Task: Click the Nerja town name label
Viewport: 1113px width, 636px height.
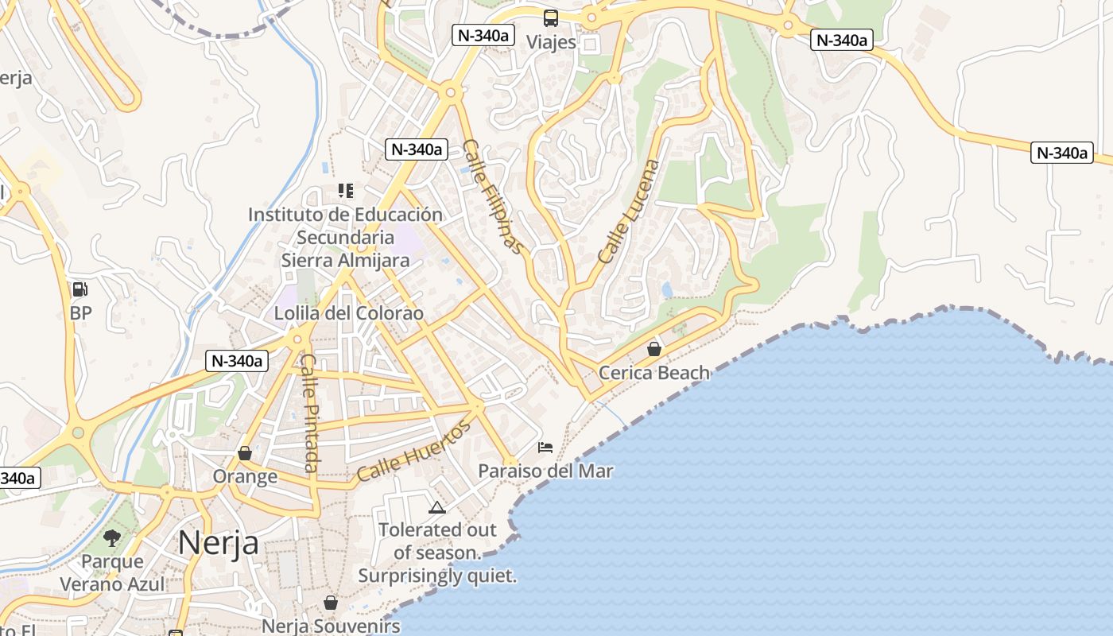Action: click(218, 542)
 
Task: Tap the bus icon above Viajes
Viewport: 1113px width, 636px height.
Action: click(551, 18)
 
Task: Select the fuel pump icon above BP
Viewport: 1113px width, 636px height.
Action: click(80, 289)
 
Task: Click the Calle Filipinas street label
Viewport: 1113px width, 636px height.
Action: click(494, 196)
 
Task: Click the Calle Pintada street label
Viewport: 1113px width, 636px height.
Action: click(310, 413)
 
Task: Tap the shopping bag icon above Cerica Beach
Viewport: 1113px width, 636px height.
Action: click(654, 349)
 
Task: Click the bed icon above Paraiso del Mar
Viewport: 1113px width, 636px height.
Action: click(545, 448)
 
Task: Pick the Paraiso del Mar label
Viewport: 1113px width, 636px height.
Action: click(545, 471)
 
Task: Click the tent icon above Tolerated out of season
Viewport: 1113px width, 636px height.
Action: click(436, 507)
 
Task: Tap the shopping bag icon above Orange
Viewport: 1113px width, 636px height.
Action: click(245, 453)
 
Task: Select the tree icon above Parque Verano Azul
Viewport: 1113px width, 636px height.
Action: click(112, 538)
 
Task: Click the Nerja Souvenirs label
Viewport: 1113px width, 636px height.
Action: click(331, 626)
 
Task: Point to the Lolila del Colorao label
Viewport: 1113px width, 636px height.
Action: click(349, 313)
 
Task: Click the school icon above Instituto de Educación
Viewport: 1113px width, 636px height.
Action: click(345, 191)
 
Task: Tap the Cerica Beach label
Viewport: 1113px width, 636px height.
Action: click(654, 372)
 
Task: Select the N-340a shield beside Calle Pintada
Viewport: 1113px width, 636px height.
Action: click(237, 360)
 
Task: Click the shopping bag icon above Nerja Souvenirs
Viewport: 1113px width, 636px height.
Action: click(331, 603)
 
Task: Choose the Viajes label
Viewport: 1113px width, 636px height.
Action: click(551, 42)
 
